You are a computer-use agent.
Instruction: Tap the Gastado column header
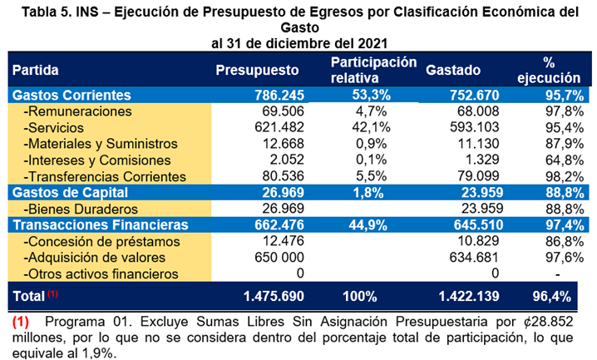(x=452, y=71)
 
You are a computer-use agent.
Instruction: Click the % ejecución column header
(x=550, y=70)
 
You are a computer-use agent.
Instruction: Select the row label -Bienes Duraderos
(x=83, y=209)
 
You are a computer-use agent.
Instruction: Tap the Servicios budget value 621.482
(x=278, y=127)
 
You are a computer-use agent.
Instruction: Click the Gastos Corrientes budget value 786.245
(x=278, y=95)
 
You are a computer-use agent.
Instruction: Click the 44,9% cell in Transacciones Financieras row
(x=365, y=224)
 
